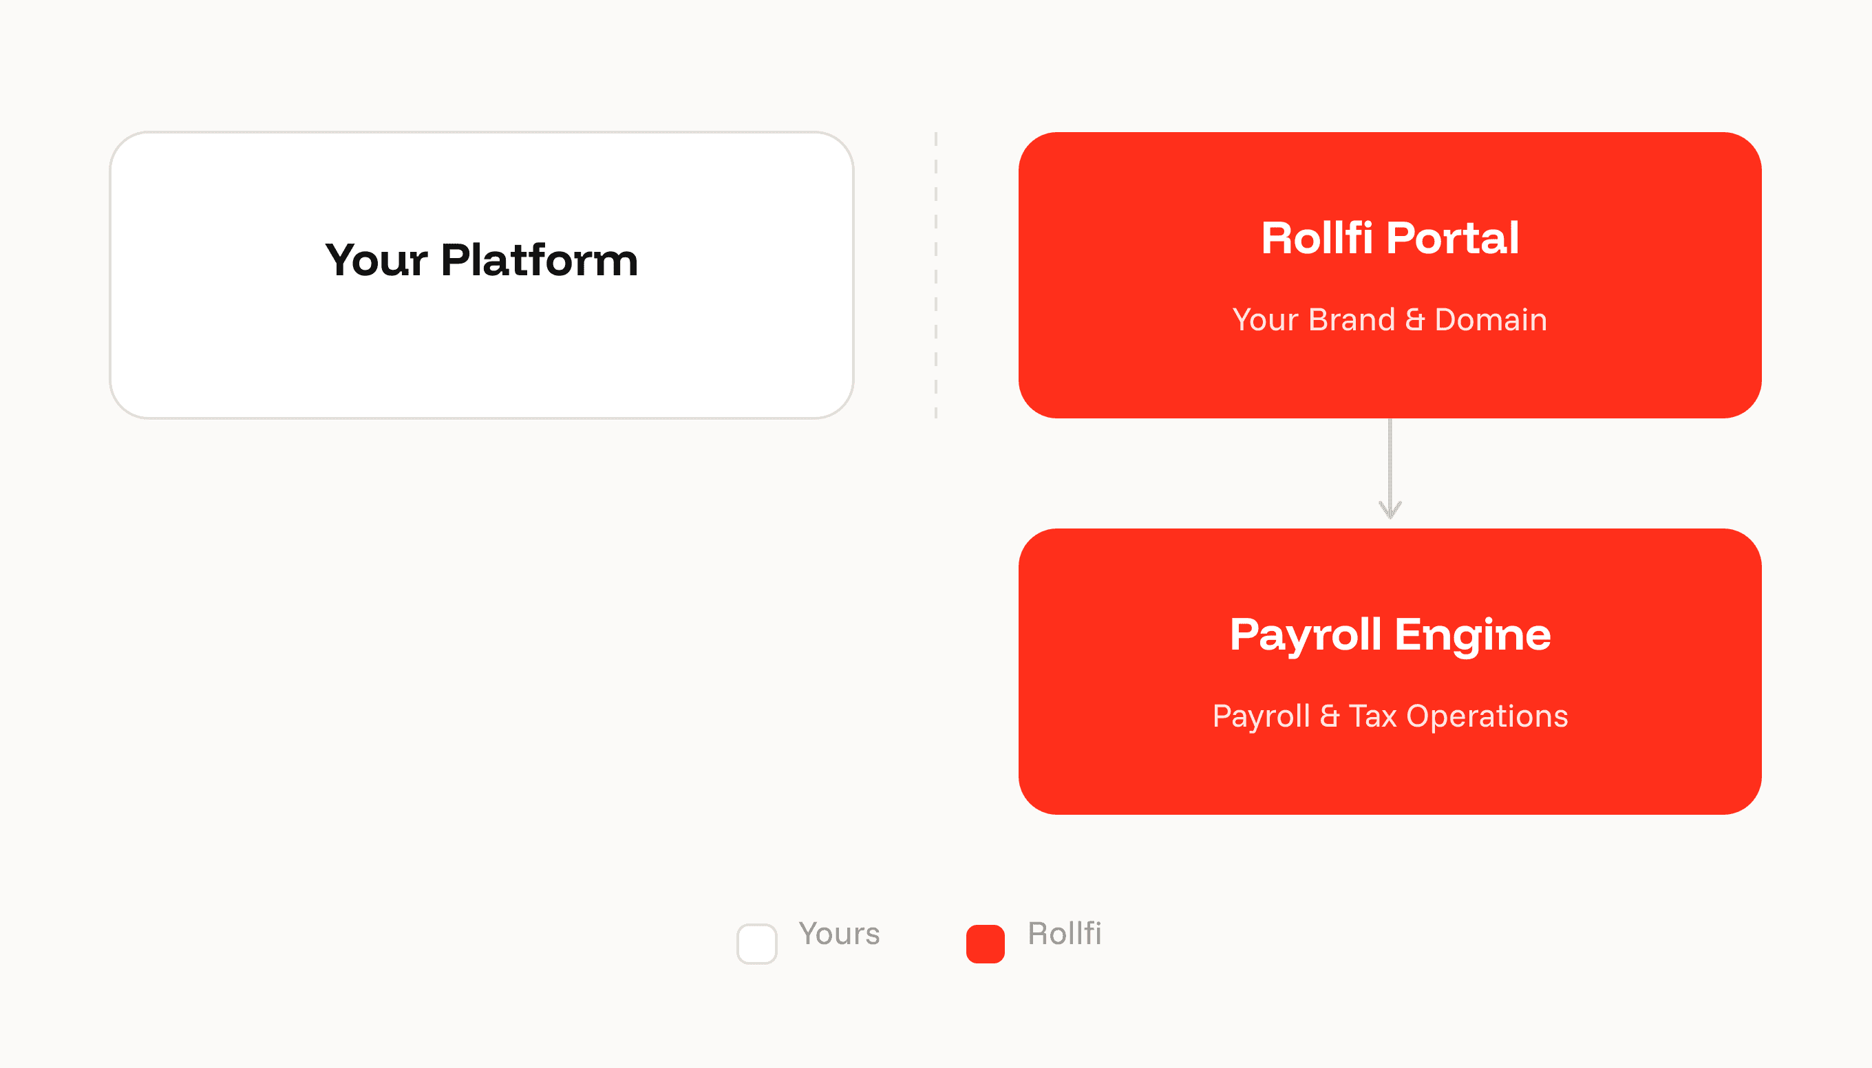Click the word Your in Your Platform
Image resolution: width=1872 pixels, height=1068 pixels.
[376, 259]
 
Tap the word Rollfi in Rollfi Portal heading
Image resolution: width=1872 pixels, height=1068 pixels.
[1317, 237]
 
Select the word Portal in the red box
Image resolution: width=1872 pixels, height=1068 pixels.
[1452, 237]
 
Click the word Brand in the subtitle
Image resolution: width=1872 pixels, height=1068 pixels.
[1351, 320]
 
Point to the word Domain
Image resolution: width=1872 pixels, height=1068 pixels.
[1491, 320]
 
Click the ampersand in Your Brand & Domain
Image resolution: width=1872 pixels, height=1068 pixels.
[1414, 320]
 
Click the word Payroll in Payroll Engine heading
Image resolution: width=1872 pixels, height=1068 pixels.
[1306, 635]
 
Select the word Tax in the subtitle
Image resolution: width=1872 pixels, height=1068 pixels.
[1372, 716]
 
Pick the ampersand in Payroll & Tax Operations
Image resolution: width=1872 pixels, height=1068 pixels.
[1329, 716]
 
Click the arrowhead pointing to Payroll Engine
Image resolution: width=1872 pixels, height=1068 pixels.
[1390, 510]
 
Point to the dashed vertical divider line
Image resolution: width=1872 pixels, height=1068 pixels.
[936, 275]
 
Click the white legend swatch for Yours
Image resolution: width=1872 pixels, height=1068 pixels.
[757, 944]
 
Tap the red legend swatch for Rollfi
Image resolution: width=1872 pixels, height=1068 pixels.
[985, 944]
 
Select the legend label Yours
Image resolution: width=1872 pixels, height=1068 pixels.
[839, 934]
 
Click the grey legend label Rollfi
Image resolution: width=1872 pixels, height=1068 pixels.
[1065, 933]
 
